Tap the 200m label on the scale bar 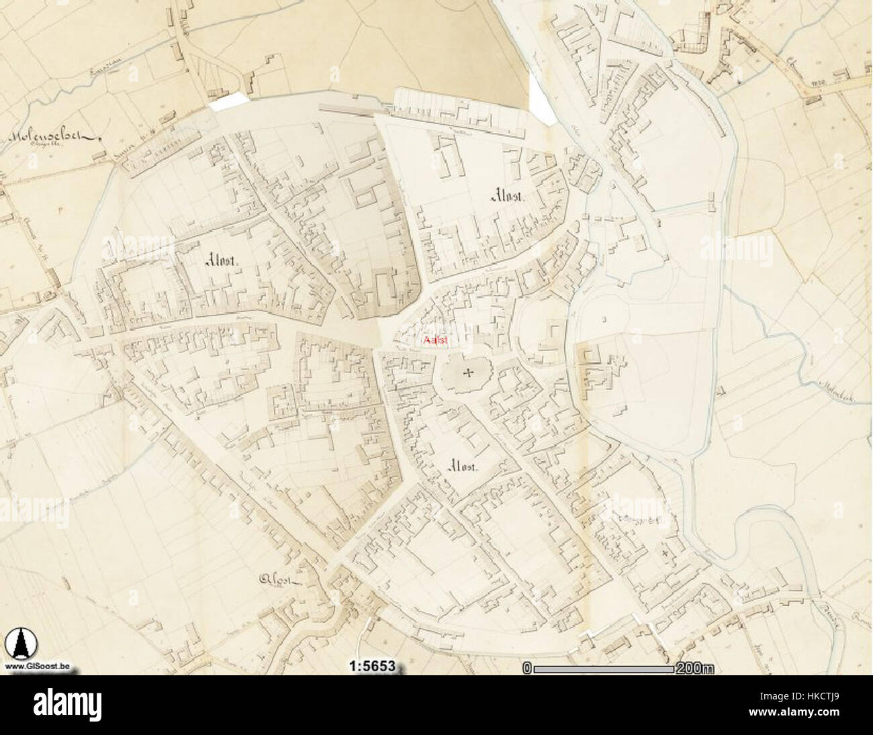click(x=696, y=668)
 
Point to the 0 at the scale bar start click(x=527, y=668)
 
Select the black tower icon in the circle click(x=18, y=644)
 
